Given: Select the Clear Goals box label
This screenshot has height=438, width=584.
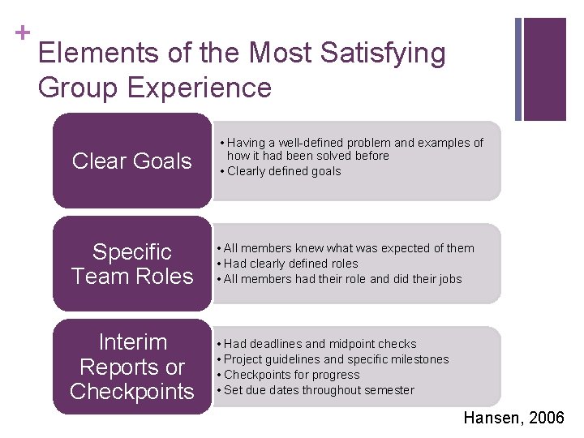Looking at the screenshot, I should [x=131, y=161].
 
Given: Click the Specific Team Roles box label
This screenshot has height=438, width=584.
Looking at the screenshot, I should [x=131, y=264].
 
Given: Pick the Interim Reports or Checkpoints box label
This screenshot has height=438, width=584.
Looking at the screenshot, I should [x=131, y=367].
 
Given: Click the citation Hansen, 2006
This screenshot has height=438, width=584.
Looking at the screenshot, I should [x=513, y=418].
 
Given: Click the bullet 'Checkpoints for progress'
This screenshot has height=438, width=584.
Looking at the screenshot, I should [x=291, y=375].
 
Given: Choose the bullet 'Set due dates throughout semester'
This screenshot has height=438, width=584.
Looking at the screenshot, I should [x=319, y=390].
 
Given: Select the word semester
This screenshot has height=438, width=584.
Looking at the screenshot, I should [x=389, y=390].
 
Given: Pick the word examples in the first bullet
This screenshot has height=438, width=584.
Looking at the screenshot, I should [x=441, y=143].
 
